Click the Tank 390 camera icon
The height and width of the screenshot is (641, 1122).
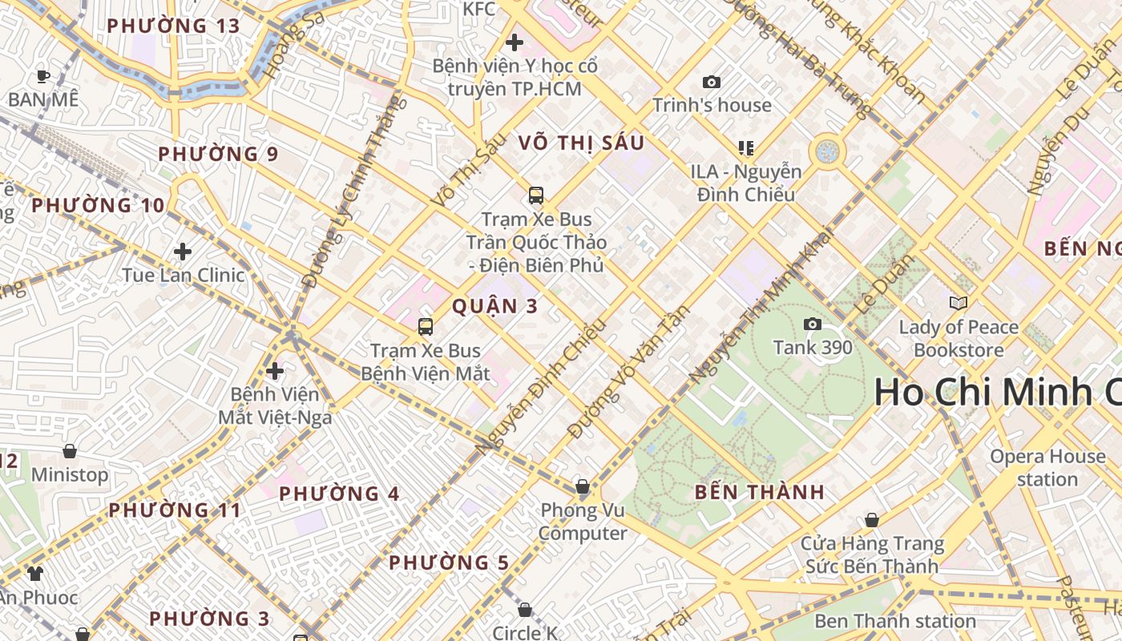pos(813,324)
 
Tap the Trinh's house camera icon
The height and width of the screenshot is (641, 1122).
pos(711,82)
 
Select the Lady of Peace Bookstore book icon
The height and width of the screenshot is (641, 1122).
pos(958,303)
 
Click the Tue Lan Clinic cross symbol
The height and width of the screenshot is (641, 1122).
pos(183,252)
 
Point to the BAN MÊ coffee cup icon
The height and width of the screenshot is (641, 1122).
pos(43,76)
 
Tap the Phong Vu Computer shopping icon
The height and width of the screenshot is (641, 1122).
pos(583,486)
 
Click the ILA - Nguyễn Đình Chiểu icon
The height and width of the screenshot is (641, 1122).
pos(746,147)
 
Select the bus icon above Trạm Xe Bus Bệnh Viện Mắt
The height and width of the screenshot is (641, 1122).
pos(426,326)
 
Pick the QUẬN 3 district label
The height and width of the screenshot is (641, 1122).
pos(494,306)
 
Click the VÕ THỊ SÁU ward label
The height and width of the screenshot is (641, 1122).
pos(581,143)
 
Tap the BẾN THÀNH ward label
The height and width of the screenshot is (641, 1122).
pos(760,493)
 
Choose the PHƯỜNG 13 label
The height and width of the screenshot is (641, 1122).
pos(173,26)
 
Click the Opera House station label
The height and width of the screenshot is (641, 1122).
pos(1047,468)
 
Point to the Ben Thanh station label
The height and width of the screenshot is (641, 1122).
pos(894,621)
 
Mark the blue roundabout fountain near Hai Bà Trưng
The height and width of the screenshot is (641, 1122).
pos(827,151)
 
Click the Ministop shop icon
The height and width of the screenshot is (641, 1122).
pos(70,451)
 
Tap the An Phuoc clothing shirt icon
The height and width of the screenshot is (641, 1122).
pos(35,573)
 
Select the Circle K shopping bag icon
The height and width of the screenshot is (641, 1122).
pos(525,610)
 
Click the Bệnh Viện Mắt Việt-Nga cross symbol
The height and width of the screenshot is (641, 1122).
pos(275,371)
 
